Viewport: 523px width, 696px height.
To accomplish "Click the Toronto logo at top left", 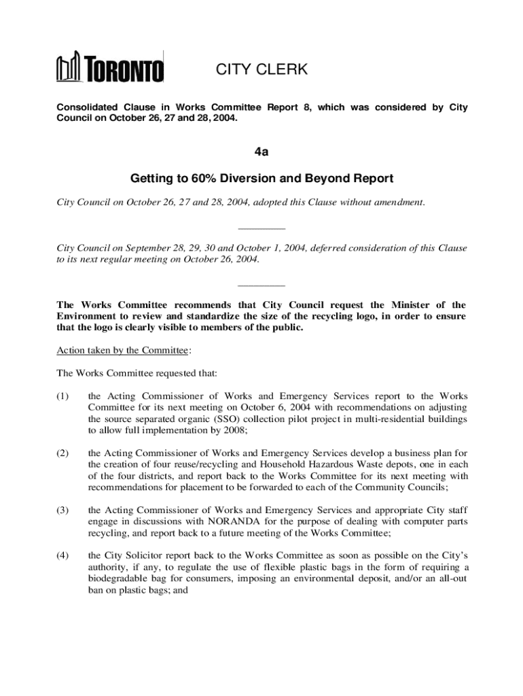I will click(x=110, y=69).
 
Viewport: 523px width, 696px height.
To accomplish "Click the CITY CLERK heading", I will click(x=261, y=69).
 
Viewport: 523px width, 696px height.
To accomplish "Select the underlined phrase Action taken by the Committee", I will click(x=122, y=350).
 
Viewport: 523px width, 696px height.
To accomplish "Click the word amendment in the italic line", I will click(x=397, y=202).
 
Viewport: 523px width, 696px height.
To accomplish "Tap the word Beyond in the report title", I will click(x=317, y=179).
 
